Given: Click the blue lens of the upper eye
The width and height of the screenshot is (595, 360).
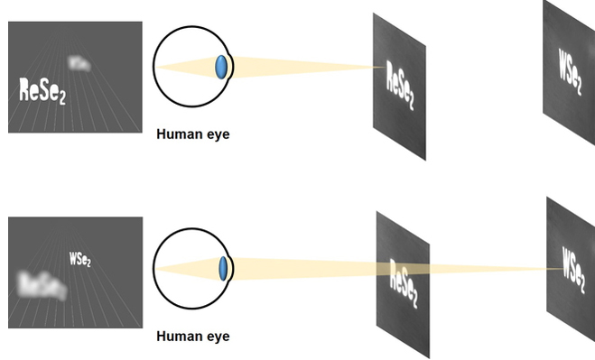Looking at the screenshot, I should pyautogui.click(x=221, y=67).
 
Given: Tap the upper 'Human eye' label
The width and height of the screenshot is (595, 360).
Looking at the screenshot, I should pyautogui.click(x=193, y=135).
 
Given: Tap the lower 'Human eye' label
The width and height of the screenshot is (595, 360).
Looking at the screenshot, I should pyautogui.click(x=193, y=337).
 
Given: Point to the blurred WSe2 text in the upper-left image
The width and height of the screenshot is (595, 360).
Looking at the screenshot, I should pyautogui.click(x=79, y=63).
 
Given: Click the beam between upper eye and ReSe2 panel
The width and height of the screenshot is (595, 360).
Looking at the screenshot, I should pyautogui.click(x=307, y=67).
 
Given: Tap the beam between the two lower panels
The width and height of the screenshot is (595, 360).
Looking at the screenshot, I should pyautogui.click(x=488, y=268).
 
